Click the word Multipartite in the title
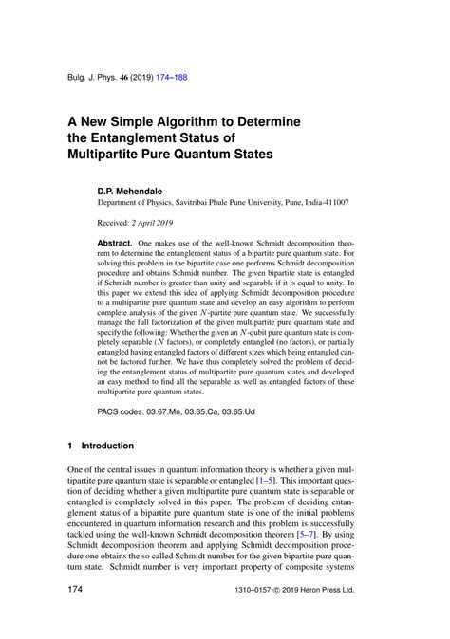[x=103, y=153]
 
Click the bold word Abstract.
[x=115, y=244]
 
